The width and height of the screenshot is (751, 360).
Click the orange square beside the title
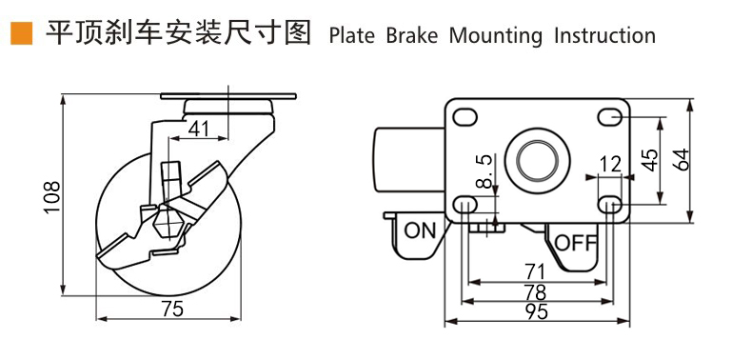pos(21,33)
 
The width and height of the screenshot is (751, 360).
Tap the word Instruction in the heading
pos(605,36)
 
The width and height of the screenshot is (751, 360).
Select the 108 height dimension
pos(51,197)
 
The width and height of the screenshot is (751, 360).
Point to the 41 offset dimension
pos(198,129)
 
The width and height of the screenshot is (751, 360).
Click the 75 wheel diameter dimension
pos(172,310)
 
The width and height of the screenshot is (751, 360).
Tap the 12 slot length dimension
pos(610,165)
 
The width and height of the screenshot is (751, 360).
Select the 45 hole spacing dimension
pos(649,160)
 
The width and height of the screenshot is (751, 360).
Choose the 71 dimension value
pos(535,272)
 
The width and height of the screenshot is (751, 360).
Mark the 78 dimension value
pos(536,292)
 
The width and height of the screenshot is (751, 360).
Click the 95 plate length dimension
pos(536,312)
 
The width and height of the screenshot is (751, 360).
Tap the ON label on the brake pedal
pos(420,230)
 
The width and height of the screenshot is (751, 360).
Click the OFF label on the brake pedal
pos(576,244)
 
